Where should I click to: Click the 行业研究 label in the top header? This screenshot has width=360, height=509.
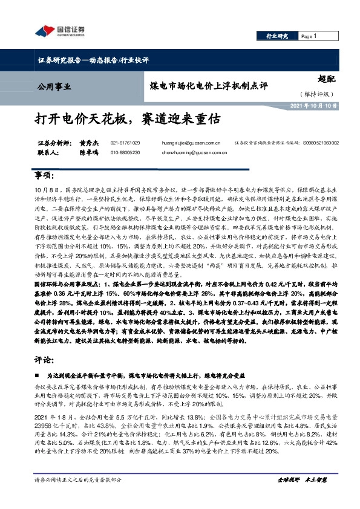(x=277, y=36)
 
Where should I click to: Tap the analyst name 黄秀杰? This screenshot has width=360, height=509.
(x=88, y=143)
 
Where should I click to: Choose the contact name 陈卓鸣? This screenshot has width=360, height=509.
(x=88, y=152)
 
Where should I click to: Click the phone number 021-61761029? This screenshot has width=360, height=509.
(x=125, y=143)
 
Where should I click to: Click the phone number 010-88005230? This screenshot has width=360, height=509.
(x=125, y=152)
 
